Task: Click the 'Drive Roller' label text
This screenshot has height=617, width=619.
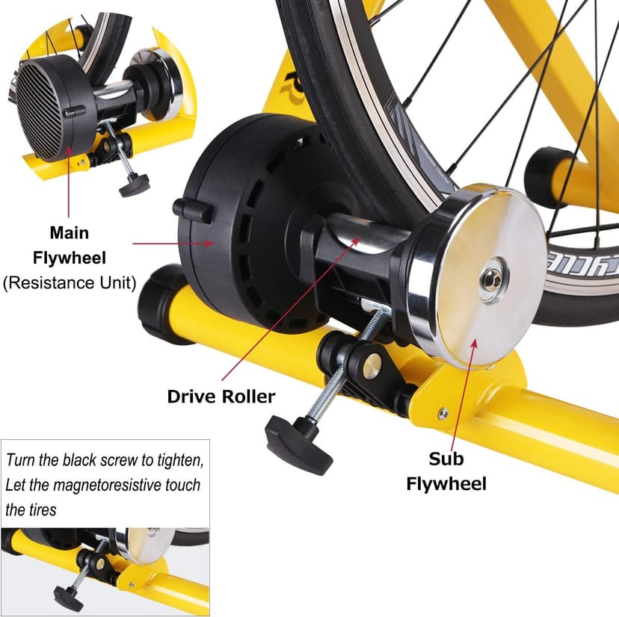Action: [221, 396]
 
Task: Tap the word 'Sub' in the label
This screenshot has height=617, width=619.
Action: [446, 458]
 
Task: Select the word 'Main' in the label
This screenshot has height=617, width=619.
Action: [69, 233]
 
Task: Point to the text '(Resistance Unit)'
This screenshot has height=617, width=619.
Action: [69, 284]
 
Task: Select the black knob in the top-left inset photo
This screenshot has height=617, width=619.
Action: [135, 182]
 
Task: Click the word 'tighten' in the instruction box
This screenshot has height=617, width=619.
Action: [178, 459]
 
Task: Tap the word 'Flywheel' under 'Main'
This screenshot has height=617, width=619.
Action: [69, 258]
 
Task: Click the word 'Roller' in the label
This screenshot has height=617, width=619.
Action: [247, 396]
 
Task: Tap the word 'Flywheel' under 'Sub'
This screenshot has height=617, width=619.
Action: [446, 483]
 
